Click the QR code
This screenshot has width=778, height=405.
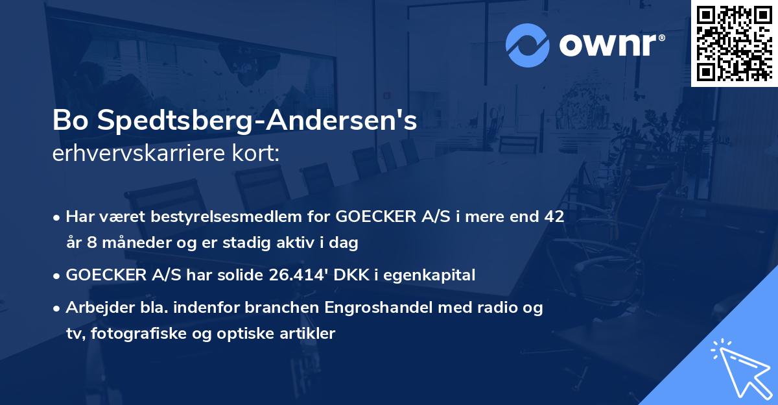coord(735,43)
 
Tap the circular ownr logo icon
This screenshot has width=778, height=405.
coord(528,44)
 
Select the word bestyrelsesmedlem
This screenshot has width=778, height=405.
coord(209,217)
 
